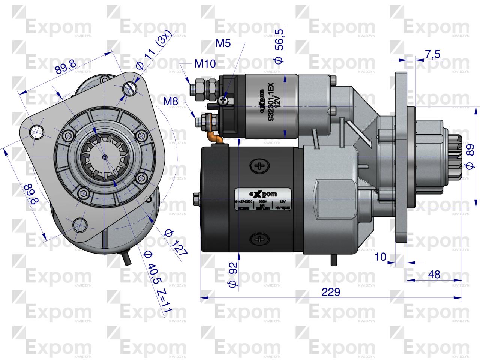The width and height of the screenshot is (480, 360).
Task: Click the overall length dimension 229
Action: tap(331, 292)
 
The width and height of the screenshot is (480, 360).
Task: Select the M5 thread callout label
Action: tap(223, 43)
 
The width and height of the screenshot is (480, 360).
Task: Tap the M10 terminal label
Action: tap(205, 64)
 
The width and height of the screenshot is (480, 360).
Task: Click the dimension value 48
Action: tap(434, 274)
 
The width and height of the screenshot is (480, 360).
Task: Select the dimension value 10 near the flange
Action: tap(380, 257)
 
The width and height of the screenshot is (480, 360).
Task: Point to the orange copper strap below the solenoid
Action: tap(216, 138)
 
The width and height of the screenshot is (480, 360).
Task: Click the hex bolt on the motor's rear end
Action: tap(196, 198)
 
